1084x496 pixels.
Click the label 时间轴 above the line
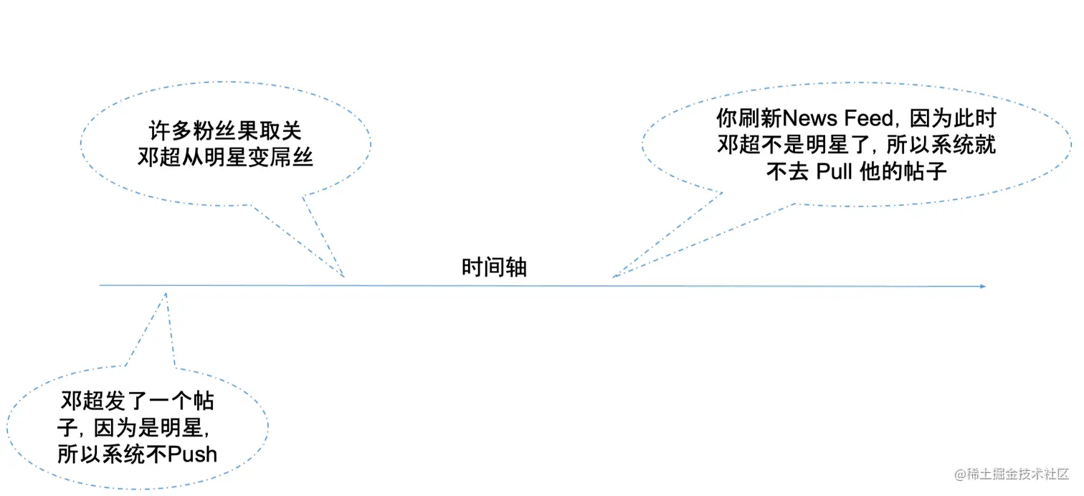click(x=494, y=267)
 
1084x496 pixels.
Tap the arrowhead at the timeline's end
click(x=983, y=287)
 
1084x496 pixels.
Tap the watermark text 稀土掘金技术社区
click(x=1019, y=474)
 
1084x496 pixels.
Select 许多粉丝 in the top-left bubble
click(x=184, y=131)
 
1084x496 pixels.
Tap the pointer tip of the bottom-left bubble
click(x=166, y=292)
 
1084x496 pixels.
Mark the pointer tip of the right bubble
click(x=614, y=277)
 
